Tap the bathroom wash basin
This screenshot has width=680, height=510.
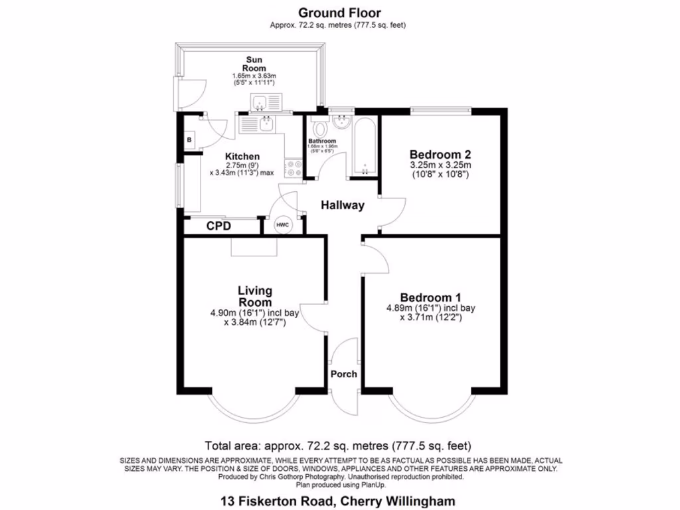coord(343,123)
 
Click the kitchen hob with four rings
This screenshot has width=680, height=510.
coord(293,167)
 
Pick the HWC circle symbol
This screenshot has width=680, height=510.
coord(282,226)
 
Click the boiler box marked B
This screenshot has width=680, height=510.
coord(189,140)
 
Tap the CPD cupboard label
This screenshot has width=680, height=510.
coord(218,226)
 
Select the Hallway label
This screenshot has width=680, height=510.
coord(343,206)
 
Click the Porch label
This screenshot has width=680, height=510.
coord(345,374)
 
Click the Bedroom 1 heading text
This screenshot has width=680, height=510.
coord(430,297)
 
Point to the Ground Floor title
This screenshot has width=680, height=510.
coord(339,13)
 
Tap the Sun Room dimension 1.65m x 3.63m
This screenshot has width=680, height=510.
coord(254,77)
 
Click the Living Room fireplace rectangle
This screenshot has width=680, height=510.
coord(253,246)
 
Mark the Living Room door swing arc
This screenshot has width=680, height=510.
coord(312,319)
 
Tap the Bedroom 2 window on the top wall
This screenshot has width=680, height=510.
coord(440,110)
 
